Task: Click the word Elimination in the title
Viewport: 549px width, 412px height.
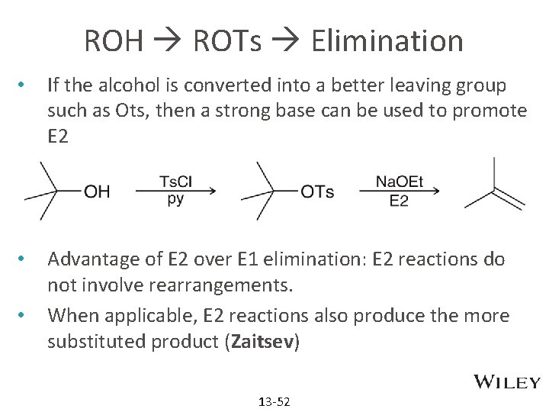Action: (387, 40)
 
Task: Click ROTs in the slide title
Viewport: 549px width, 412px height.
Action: (227, 40)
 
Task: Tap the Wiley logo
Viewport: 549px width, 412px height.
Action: (506, 382)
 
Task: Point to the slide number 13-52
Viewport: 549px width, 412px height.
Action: (274, 401)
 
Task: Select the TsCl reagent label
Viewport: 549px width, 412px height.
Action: (175, 182)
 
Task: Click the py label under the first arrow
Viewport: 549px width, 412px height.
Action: (175, 200)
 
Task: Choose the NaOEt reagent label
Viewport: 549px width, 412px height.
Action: (399, 182)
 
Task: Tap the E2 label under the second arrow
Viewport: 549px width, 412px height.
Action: (399, 201)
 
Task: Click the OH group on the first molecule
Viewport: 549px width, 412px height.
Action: (97, 191)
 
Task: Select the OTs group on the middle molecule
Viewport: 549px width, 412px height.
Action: (317, 191)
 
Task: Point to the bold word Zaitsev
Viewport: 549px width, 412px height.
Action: (262, 342)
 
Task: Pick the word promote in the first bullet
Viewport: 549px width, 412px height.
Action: (490, 111)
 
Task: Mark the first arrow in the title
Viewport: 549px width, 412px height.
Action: (167, 41)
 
